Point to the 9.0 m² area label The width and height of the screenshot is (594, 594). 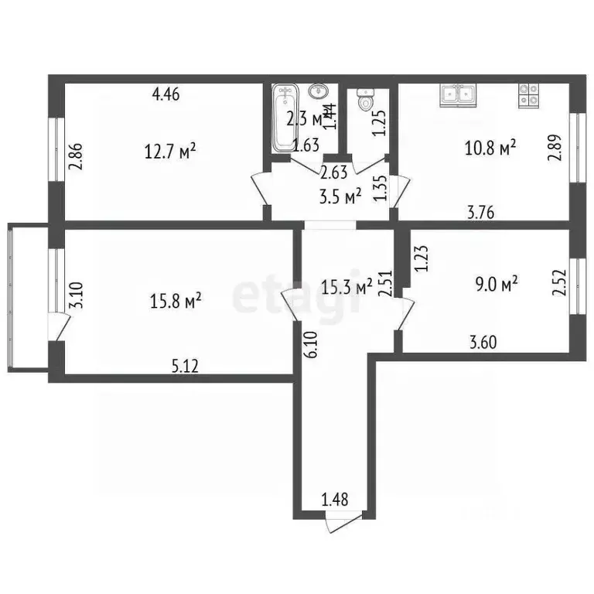tap(495, 285)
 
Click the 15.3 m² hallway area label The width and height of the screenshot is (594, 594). tap(346, 288)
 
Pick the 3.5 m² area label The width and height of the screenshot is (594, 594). tap(341, 197)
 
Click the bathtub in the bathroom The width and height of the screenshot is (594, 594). tap(285, 118)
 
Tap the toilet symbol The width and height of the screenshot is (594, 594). tap(364, 100)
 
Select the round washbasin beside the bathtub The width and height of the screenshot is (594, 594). tap(318, 92)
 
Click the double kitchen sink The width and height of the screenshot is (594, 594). tap(458, 94)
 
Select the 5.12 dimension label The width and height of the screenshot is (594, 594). tap(185, 367)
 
